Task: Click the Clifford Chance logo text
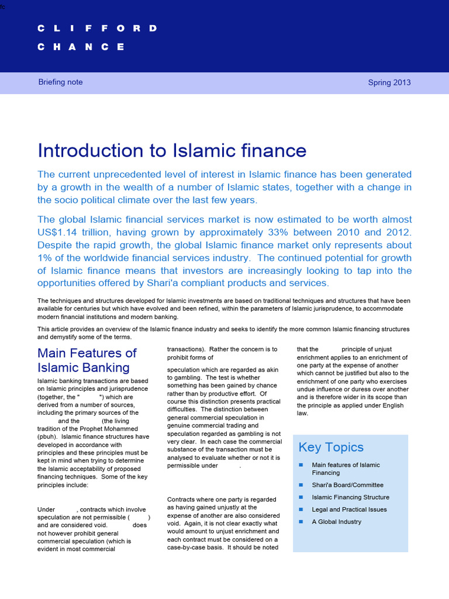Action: [x=97, y=38]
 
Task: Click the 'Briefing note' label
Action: [x=60, y=82]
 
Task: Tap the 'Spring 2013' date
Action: [x=389, y=82]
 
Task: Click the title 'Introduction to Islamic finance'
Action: [x=172, y=150]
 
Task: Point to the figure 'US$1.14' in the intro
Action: [x=57, y=232]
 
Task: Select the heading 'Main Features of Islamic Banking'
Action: [x=87, y=360]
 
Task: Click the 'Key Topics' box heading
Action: [x=331, y=447]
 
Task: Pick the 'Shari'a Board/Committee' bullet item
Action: [x=347, y=485]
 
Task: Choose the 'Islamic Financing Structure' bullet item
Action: [x=350, y=497]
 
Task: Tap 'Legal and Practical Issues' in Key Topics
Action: [x=349, y=510]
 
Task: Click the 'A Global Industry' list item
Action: [x=336, y=522]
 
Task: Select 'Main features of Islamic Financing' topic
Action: [x=346, y=469]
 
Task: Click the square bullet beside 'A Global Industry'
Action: [x=301, y=522]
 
